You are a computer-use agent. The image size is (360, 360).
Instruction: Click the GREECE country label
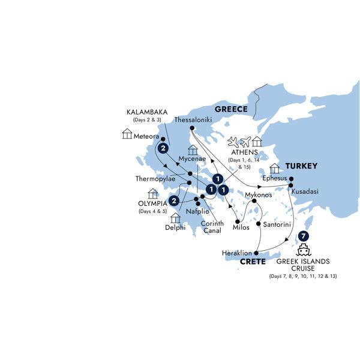pos(231,109)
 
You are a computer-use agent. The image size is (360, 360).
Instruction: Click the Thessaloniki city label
pos(191,119)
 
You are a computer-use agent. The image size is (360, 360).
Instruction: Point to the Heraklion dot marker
pos(256,254)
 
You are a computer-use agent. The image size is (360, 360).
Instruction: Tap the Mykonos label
pos(259,195)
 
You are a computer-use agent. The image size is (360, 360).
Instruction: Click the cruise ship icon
pos(304,250)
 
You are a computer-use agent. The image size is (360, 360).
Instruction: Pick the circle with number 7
pos(304,236)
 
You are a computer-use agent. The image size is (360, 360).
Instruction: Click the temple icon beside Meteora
pos(127,134)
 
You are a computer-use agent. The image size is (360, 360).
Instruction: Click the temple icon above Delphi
pos(176,217)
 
